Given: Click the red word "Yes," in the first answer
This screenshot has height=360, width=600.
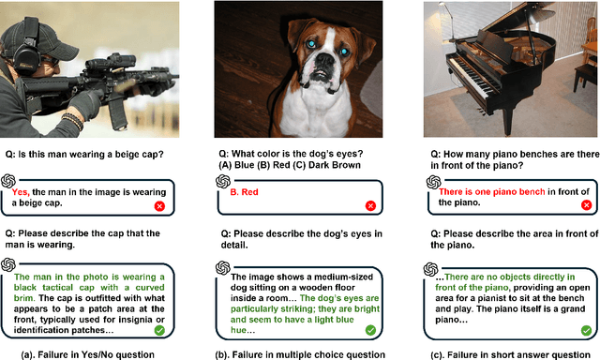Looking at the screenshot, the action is click(21, 192).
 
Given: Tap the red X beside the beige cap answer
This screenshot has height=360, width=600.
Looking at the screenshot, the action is click(159, 206).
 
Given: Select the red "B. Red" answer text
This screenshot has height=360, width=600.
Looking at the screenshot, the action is click(244, 192).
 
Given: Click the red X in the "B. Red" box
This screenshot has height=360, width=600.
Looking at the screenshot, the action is click(370, 206).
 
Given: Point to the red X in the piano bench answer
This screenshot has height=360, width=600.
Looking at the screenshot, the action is click(586, 205).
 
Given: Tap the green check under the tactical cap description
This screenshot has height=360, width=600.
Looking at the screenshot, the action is click(159, 330).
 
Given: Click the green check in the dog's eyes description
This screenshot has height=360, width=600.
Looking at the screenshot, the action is click(370, 330).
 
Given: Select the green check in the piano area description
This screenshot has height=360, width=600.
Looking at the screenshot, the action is click(586, 330).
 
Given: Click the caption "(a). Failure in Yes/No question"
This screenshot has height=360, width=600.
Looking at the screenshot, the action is click(87, 354).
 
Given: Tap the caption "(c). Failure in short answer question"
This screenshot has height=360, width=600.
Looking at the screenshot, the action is click(510, 354).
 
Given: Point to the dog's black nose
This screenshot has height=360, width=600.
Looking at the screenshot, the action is click(325, 60).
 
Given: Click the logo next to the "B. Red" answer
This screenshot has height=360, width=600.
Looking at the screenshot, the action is click(223, 181).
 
